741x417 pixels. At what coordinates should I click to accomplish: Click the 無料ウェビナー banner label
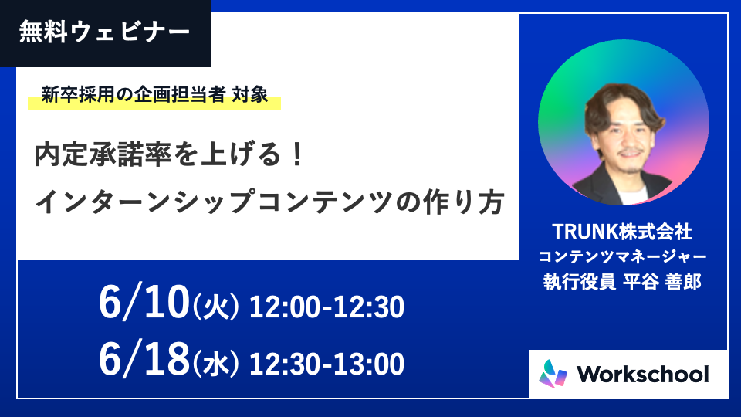point(104,32)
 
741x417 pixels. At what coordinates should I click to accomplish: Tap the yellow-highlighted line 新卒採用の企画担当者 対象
point(154,94)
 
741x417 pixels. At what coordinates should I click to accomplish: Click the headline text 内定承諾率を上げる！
point(169,154)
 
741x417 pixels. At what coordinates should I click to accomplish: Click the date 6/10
point(144,303)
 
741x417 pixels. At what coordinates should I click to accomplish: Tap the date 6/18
point(144,359)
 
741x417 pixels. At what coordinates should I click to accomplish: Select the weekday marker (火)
point(216,307)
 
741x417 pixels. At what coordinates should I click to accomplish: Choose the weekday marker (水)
point(216,364)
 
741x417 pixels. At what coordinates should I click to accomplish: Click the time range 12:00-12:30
point(327,307)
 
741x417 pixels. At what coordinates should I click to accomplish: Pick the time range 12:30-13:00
point(327,364)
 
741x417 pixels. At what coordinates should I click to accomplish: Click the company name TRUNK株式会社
point(622,231)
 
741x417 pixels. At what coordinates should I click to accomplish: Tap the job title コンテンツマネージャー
point(622,256)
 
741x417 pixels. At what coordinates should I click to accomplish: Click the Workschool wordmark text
point(643,375)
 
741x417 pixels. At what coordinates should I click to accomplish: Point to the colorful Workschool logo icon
point(553,374)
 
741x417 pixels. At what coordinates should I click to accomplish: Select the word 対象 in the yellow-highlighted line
point(250,94)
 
